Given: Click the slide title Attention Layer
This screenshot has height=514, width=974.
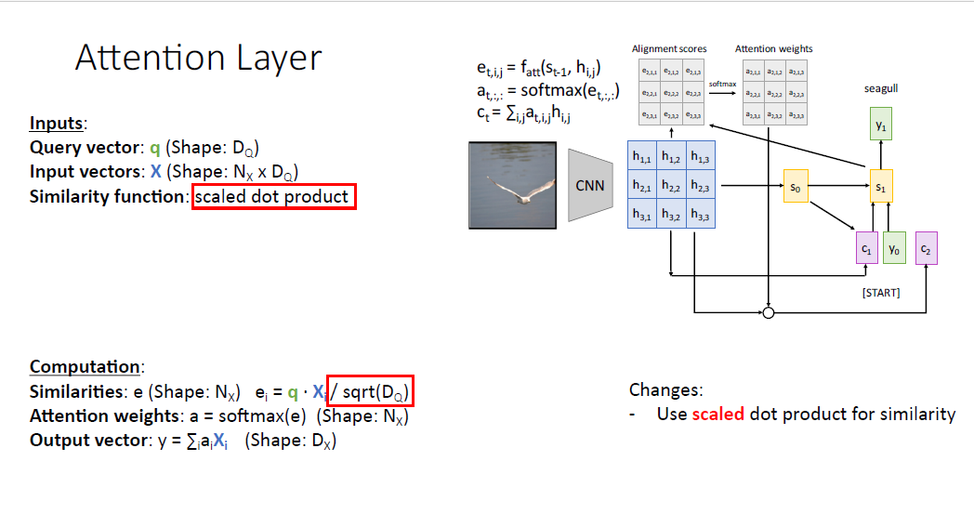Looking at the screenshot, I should [198, 59].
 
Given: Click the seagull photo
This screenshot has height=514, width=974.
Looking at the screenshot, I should [513, 184].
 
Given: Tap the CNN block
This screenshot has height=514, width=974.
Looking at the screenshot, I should [590, 185].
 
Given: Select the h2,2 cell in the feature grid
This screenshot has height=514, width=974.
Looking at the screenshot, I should [671, 187].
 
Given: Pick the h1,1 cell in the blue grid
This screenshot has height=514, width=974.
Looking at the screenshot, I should [642, 158].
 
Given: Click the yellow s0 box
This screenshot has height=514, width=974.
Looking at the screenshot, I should [795, 187].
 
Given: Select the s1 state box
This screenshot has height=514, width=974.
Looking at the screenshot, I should [880, 187].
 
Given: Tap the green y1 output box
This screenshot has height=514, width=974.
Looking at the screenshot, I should [880, 124].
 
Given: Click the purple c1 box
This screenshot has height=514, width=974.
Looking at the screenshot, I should [866, 248].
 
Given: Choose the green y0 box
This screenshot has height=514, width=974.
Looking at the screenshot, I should [894, 248].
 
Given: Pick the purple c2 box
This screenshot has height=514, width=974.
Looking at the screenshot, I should [926, 248].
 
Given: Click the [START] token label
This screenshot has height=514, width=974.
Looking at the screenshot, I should [879, 294].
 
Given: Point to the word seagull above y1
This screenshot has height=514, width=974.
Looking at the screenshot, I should [880, 89].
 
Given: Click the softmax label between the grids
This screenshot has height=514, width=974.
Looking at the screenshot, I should [722, 84].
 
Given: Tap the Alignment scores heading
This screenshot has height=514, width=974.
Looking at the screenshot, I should [669, 48].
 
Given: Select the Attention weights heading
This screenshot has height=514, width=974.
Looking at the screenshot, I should [774, 48].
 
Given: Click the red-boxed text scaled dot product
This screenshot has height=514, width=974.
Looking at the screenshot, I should [273, 197].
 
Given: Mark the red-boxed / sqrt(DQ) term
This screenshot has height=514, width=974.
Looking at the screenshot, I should [370, 391].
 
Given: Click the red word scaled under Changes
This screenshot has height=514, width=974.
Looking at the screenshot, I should [718, 414].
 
